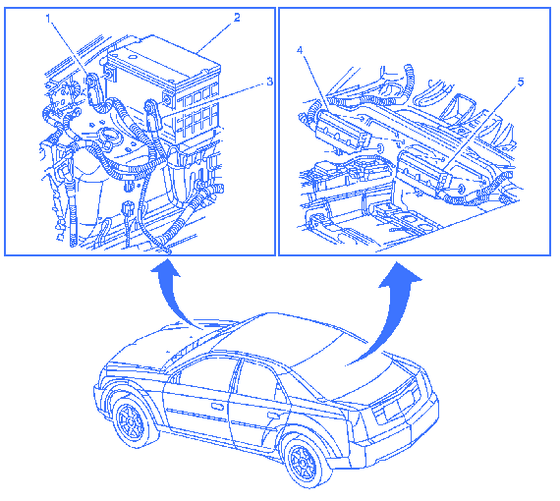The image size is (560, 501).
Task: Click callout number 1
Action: (x=49, y=18)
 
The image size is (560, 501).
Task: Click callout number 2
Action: (x=237, y=17)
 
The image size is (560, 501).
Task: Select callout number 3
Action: (x=269, y=82)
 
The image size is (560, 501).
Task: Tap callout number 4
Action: (x=300, y=50)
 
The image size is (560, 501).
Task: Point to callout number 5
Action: (x=521, y=83)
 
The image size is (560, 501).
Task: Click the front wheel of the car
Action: (x=132, y=421)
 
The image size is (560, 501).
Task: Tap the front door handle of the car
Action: (x=217, y=407)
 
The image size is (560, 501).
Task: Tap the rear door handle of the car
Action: (x=273, y=415)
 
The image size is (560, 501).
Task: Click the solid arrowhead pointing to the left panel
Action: (x=165, y=268)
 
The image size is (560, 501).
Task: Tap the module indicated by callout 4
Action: (x=341, y=131)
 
